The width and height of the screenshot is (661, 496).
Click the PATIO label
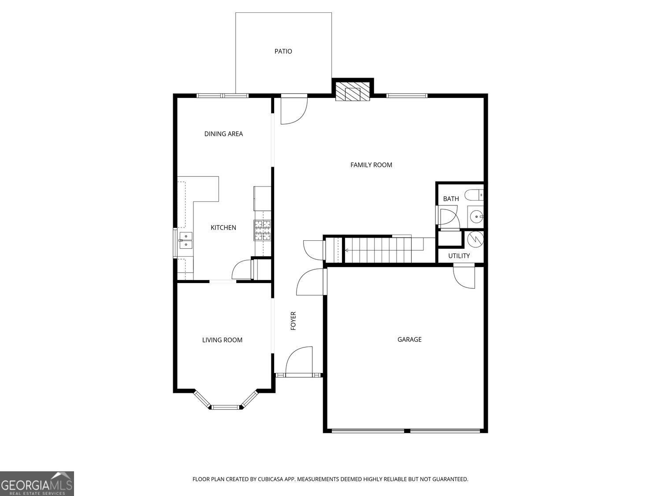pyautogui.click(x=283, y=51)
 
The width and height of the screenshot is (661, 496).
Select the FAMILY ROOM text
pyautogui.click(x=371, y=165)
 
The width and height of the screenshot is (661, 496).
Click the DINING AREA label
pyautogui.click(x=223, y=134)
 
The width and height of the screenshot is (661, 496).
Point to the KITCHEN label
pyautogui.click(x=223, y=227)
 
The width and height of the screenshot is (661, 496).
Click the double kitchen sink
pyautogui.click(x=186, y=240)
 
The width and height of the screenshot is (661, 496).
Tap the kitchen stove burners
pyautogui.click(x=262, y=230)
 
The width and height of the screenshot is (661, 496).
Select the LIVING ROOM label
pyautogui.click(x=222, y=340)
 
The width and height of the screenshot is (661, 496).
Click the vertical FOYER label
pyautogui.click(x=293, y=321)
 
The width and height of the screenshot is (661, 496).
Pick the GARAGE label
pyautogui.click(x=409, y=339)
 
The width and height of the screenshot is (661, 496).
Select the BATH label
pyautogui.click(x=451, y=199)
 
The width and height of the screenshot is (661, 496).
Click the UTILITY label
pyautogui.click(x=459, y=256)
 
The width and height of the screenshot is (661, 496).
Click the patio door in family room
pyautogui.click(x=293, y=110)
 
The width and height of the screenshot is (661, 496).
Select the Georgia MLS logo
pyautogui.click(x=37, y=484)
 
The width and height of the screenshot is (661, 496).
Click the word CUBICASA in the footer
pyautogui.click(x=270, y=479)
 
